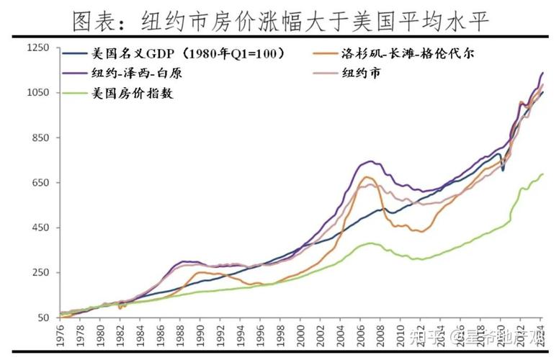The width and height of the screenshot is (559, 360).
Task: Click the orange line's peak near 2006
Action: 367,177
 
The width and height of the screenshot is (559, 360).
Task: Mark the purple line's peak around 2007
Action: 370,161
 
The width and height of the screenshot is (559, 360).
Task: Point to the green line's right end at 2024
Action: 542,174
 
